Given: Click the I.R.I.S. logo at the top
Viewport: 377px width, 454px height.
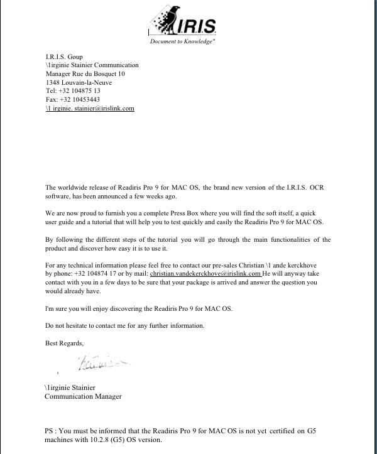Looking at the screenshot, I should [185, 20].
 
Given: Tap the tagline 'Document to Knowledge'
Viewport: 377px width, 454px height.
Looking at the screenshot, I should [182, 41].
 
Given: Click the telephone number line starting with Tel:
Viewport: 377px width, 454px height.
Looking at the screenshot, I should [73, 91].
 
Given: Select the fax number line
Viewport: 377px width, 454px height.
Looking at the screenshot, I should [72, 99].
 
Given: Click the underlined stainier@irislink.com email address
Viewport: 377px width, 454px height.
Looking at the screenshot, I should [90, 109].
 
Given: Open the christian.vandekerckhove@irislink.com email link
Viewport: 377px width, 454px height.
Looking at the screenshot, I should [205, 274].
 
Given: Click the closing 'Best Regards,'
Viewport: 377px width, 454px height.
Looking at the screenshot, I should [64, 343].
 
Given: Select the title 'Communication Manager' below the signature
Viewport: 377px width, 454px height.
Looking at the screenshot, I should [83, 397].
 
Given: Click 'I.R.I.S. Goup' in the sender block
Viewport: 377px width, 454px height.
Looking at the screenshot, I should [64, 57].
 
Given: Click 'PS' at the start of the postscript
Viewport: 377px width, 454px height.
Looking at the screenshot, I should [49, 431].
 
